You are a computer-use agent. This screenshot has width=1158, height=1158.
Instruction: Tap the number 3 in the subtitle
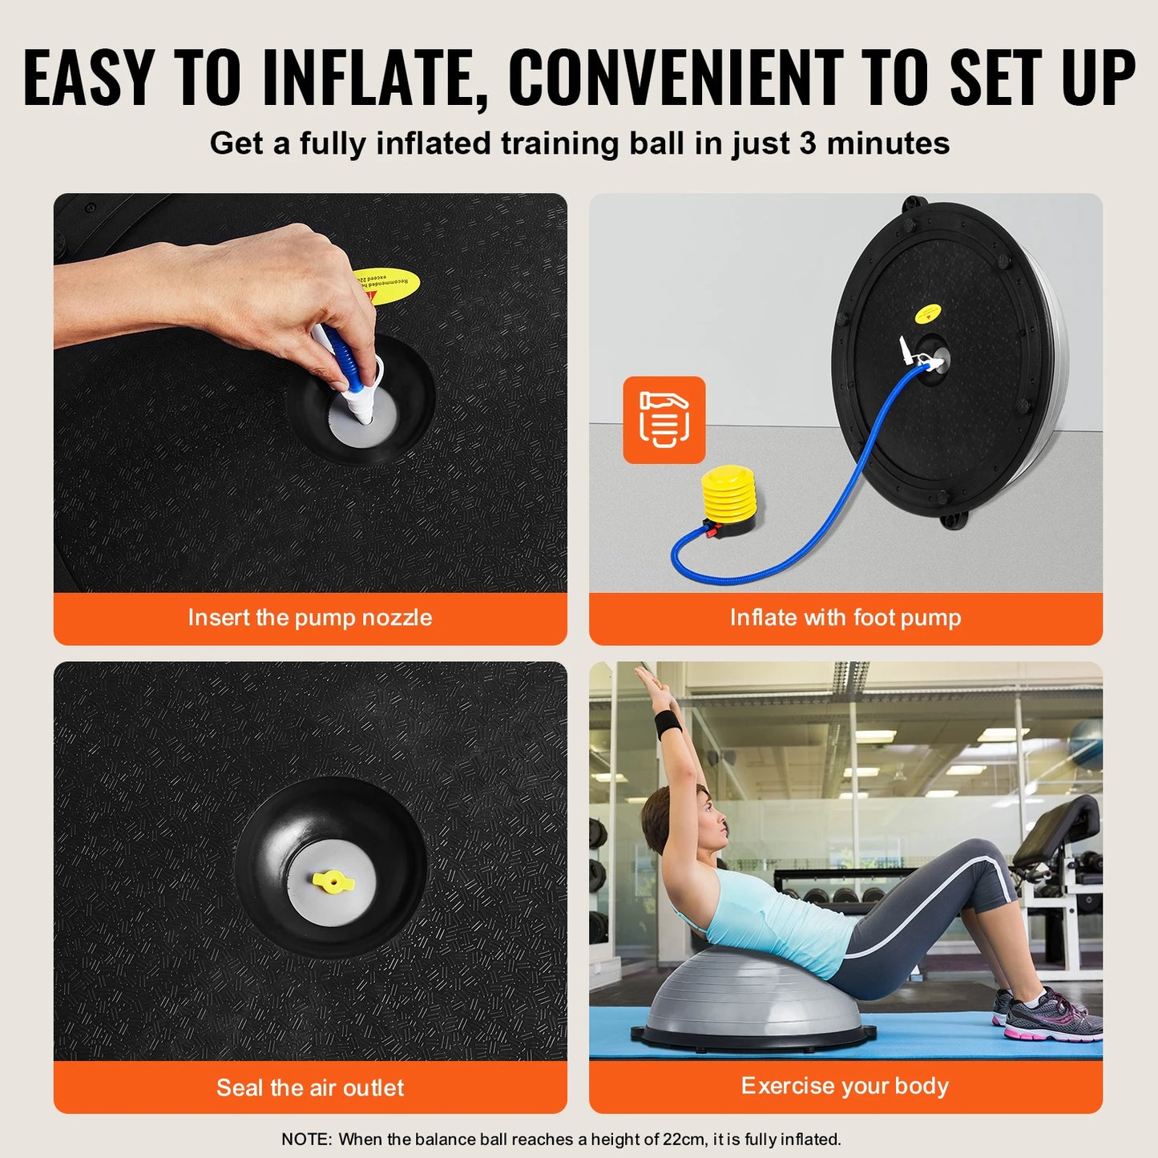point(808,143)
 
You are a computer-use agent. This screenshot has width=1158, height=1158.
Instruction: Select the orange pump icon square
point(664,420)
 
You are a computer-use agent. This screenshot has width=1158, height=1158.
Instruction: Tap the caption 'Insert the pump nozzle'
point(310,618)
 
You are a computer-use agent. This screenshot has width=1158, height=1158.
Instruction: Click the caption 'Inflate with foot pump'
point(845,618)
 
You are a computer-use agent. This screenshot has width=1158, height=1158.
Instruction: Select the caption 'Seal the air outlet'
point(310,1087)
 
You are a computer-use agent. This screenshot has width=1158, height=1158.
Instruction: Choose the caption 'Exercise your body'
point(845,1086)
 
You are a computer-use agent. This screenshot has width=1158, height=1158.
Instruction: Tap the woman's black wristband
point(668,724)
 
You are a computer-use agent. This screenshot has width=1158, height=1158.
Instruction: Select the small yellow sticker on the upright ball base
point(928,313)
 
